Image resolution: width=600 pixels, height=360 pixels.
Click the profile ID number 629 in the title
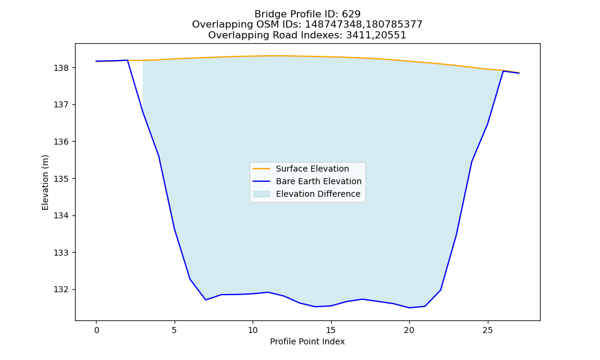click(351, 14)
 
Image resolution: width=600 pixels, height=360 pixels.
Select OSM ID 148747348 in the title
click(333, 25)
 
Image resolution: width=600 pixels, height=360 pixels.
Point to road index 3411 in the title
click(358, 35)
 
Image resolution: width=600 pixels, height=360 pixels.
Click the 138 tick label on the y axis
click(61, 68)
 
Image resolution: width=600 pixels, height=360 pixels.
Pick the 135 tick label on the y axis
click(61, 179)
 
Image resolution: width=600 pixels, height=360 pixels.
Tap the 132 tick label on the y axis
click(61, 290)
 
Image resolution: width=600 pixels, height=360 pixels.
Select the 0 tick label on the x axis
click(96, 330)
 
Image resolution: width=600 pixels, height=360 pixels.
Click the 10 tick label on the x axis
click(253, 330)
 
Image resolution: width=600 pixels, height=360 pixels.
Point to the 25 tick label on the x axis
click(487, 330)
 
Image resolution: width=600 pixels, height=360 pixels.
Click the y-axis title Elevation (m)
click(45, 182)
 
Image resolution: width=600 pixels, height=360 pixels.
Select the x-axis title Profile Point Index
click(307, 341)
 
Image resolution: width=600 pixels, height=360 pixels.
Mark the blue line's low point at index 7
click(206, 299)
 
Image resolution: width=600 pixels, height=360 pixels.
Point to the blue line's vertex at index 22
click(440, 290)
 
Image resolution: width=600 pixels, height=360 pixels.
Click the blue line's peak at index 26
click(503, 71)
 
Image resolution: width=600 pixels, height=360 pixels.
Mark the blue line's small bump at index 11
click(268, 292)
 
